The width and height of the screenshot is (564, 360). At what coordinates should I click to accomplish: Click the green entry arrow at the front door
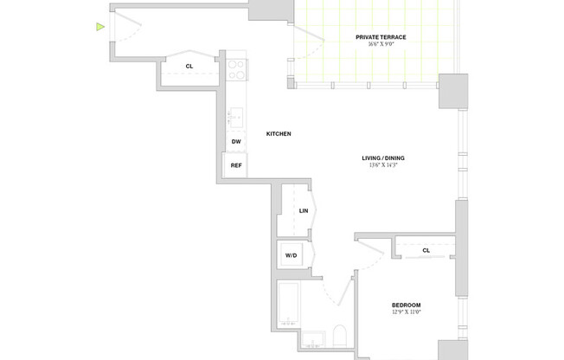(x=100, y=28)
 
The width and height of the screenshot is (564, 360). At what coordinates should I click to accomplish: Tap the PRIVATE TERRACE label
(x=381, y=37)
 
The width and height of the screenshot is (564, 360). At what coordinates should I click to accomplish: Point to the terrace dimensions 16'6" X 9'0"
(x=381, y=45)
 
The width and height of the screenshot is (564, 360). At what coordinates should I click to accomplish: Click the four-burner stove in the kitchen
(x=237, y=69)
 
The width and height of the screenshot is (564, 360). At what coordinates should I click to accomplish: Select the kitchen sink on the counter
(x=236, y=116)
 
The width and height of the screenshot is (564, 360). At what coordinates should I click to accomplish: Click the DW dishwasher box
(x=236, y=142)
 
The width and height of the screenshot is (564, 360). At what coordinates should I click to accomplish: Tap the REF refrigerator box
(x=235, y=165)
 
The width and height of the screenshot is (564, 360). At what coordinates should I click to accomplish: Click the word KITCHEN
(x=278, y=134)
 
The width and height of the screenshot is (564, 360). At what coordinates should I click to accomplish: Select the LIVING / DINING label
(x=382, y=157)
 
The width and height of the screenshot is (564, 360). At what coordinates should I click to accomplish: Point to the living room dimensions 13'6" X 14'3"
(x=382, y=165)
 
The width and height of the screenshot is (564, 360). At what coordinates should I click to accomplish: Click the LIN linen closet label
(x=304, y=210)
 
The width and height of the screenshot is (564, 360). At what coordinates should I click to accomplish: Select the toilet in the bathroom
(x=340, y=337)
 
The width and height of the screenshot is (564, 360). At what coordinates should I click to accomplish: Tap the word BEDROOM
(x=406, y=305)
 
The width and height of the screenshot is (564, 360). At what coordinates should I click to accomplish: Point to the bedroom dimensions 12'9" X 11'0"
(x=406, y=312)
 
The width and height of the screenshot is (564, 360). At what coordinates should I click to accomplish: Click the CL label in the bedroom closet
(x=426, y=251)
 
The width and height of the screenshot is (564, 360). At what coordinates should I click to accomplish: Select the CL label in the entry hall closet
(x=189, y=66)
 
